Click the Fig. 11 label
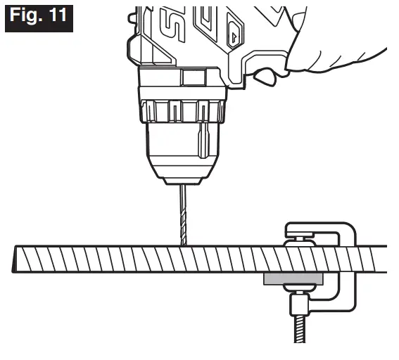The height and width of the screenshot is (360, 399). point(39,18)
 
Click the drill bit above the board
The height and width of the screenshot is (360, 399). point(184,215)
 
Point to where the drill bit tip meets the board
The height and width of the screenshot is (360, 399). point(184,245)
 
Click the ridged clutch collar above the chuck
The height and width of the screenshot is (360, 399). point(183,111)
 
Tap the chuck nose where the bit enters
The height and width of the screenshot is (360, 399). point(183,181)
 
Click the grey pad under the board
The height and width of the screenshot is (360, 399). point(293,279)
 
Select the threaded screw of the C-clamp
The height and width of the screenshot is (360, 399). point(300,329)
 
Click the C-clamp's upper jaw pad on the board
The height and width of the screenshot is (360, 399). point(300,243)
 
